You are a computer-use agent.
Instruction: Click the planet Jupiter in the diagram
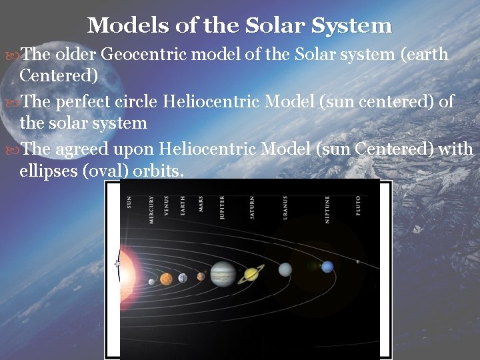[x=222, y=273]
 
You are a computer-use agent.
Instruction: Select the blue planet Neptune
[x=327, y=267]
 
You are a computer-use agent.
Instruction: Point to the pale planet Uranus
[x=285, y=269]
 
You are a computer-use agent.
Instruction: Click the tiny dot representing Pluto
[x=358, y=261]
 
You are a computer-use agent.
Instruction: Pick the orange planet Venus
[x=166, y=279]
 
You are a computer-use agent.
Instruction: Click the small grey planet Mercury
[x=151, y=282]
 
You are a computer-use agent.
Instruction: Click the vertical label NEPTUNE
[x=327, y=209]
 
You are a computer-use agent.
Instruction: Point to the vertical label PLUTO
[x=358, y=204]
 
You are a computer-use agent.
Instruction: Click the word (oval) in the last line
[x=105, y=171]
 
